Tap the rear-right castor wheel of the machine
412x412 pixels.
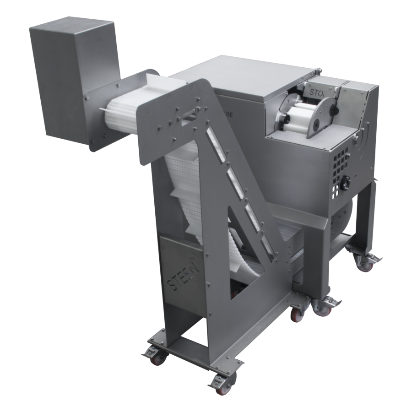(365, 263)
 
